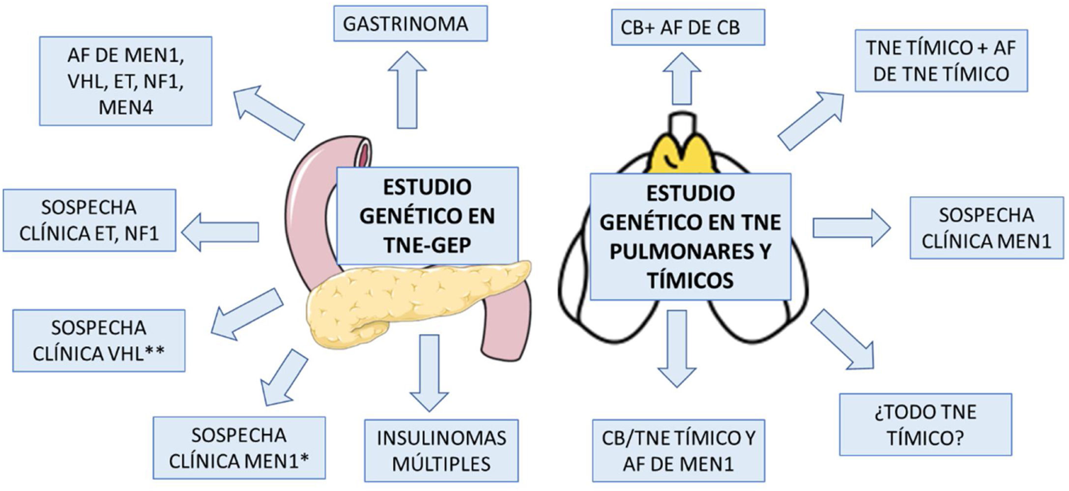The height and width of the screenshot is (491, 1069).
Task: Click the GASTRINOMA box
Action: coord(410,24)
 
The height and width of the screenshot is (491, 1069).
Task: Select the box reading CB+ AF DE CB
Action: coord(688,28)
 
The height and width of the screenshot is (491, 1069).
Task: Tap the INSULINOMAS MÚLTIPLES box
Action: coord(441,451)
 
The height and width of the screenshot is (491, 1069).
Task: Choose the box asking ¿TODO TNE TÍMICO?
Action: coord(925,425)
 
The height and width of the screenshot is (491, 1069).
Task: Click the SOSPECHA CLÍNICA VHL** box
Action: coord(99,341)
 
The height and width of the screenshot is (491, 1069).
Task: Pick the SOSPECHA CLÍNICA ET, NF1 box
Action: coord(89,221)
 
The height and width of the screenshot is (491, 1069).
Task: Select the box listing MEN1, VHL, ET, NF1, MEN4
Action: coord(125,81)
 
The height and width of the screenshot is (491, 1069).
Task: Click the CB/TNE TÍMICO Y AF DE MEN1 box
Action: coord(678,451)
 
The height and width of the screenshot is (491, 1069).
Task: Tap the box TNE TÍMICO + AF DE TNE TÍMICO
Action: coord(941,61)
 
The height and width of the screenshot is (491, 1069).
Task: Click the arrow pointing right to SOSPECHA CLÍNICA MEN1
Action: coord(851,228)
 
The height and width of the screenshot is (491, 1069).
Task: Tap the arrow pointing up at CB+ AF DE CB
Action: coord(682,79)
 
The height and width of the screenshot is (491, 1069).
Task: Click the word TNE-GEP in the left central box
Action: coord(427,245)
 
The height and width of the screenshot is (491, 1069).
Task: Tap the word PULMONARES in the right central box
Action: coord(690,251)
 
